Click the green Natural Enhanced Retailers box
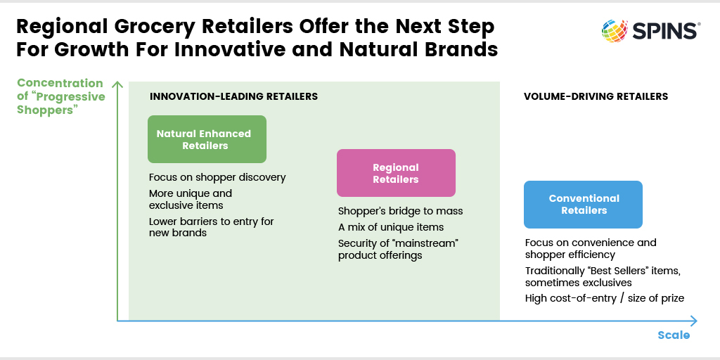click(207, 139)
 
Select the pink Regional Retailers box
click(396, 173)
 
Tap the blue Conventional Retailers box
click(583, 205)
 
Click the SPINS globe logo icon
click(615, 31)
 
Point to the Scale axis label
click(674, 335)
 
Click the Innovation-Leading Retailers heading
click(233, 96)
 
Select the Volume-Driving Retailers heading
click(596, 96)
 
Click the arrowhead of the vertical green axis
click(117, 84)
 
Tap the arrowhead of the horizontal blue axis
click(694, 321)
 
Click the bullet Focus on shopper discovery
click(217, 177)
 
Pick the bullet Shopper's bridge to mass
click(400, 211)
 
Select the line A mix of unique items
click(391, 227)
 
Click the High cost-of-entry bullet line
click(604, 298)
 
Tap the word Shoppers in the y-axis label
click(46, 110)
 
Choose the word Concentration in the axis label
click(60, 83)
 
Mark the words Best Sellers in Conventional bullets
click(615, 271)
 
